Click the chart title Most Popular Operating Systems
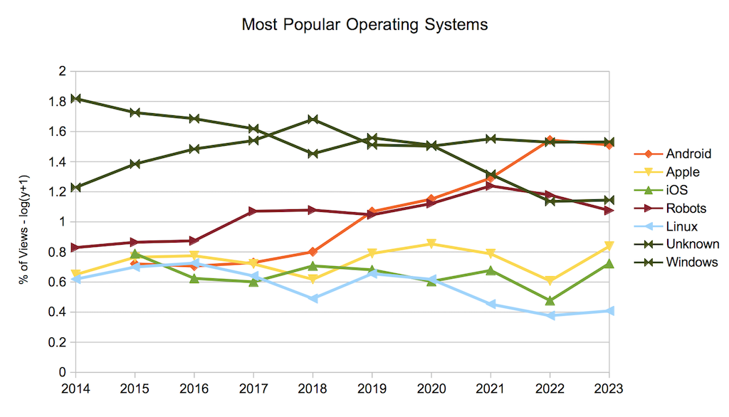[364, 24]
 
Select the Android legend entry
[688, 154]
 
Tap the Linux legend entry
[681, 227]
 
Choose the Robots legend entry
[686, 208]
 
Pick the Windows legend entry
[691, 263]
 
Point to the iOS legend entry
[677, 190]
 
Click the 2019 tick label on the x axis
[372, 389]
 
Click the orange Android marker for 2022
[550, 140]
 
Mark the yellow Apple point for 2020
[431, 244]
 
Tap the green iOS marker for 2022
[550, 301]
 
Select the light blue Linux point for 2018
[312, 299]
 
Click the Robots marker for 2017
[253, 211]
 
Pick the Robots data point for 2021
[491, 186]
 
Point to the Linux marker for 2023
[609, 311]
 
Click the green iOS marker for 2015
[135, 254]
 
